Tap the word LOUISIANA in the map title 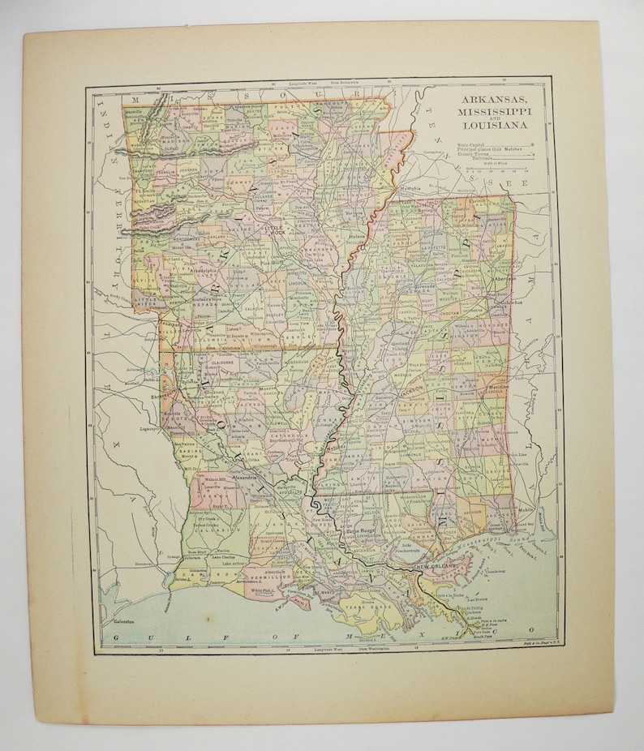[495, 125]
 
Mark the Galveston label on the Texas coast [118, 622]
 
